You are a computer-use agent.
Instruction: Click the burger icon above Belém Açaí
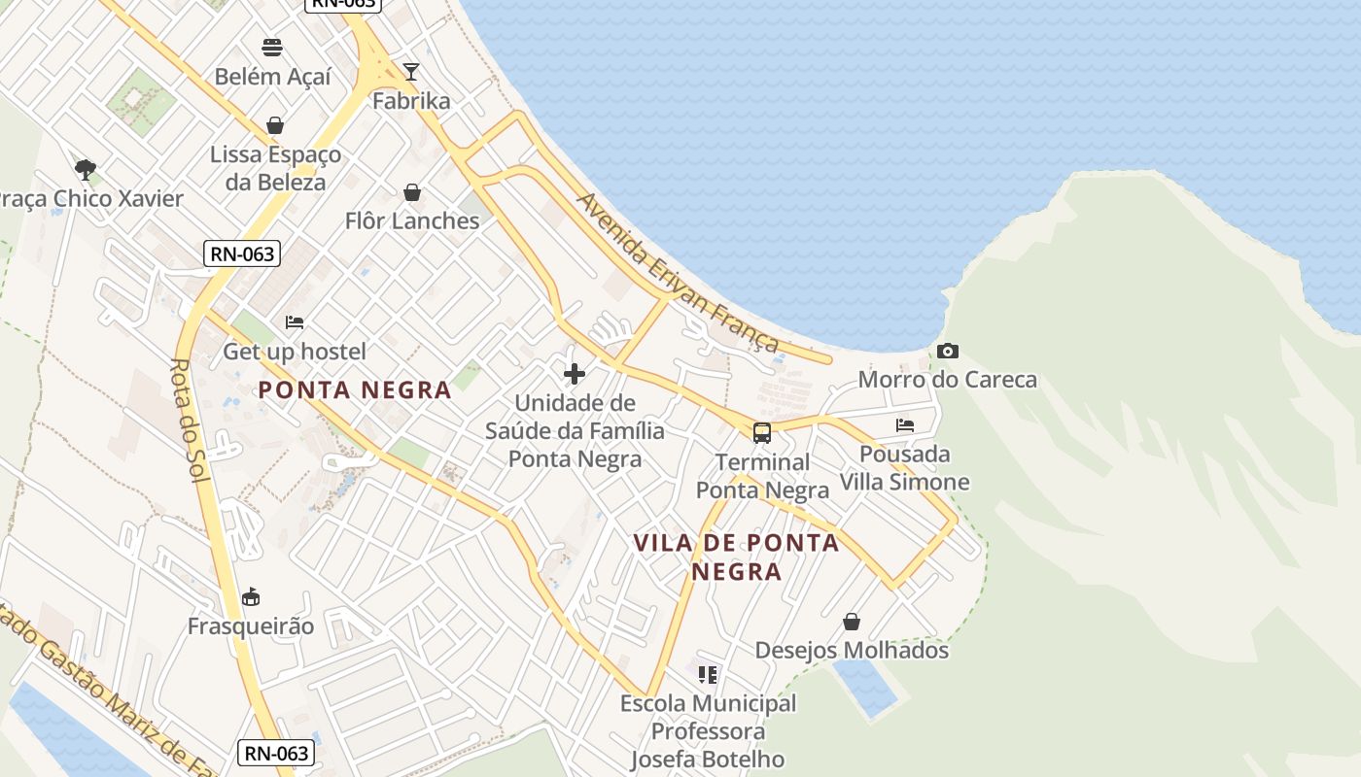point(272,48)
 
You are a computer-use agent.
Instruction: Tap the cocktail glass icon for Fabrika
point(411,72)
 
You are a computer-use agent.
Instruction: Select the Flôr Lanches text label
point(412,220)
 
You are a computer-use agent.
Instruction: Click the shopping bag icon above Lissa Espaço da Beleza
point(275,125)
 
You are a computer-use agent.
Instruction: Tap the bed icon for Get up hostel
point(295,322)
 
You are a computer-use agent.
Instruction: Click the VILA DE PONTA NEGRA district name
point(736,557)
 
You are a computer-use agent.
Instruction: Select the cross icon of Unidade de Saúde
point(575,373)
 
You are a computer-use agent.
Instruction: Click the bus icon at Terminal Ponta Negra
point(762,433)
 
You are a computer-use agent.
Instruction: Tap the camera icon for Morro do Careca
point(948,352)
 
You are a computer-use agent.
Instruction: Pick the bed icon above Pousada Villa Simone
point(905,425)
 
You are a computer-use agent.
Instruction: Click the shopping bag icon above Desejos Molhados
point(852,622)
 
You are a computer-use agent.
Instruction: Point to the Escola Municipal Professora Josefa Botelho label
point(708,730)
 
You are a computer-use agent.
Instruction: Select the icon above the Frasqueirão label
point(251,596)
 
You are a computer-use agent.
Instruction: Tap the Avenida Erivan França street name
point(678,273)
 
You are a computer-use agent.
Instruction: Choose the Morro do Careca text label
point(948,379)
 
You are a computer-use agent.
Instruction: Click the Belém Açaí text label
point(272,76)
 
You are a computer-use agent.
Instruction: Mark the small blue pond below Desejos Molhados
point(864,686)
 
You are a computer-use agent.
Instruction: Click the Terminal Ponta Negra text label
point(763,476)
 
